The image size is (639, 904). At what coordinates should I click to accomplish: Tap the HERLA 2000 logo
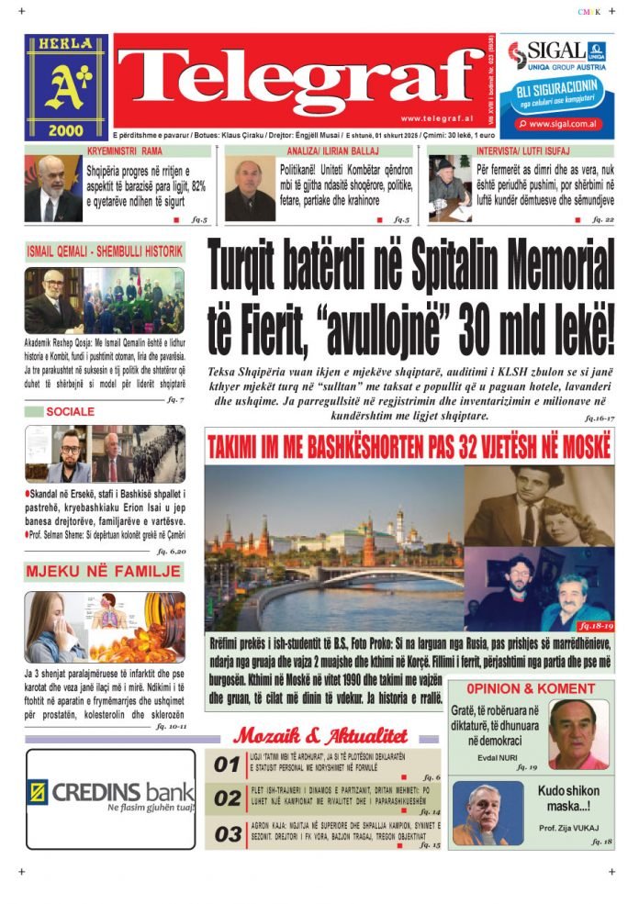pyautogui.click(x=65, y=87)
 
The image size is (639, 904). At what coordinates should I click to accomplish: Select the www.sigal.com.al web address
pyautogui.click(x=564, y=123)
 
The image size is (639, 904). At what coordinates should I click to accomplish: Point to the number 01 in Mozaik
pyautogui.click(x=227, y=763)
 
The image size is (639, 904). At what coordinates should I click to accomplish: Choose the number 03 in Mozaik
pyautogui.click(x=227, y=833)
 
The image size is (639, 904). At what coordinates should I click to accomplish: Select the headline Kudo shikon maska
pyautogui.click(x=568, y=798)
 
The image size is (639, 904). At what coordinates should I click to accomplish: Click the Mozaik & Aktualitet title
pyautogui.click(x=320, y=734)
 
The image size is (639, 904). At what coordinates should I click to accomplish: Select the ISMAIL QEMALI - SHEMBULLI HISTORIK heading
pyautogui.click(x=103, y=250)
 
